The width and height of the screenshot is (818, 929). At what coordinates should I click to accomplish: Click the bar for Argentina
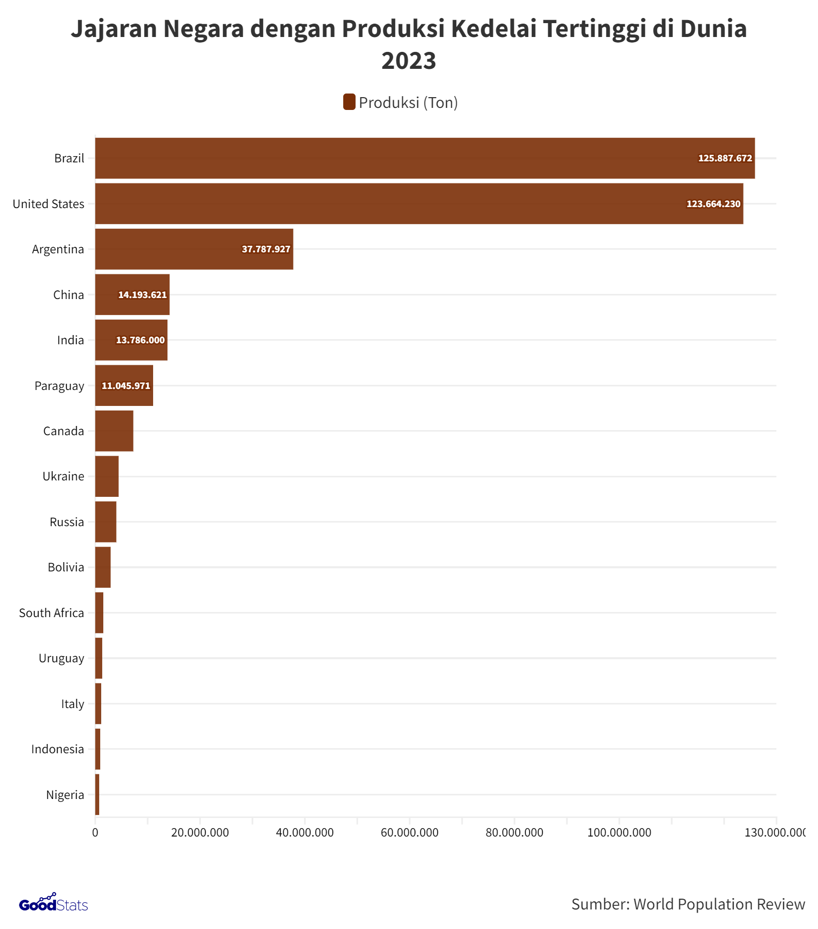coord(194,249)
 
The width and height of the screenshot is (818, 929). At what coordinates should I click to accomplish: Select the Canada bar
coord(114,431)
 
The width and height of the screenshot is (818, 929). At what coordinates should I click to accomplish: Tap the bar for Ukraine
coord(107,476)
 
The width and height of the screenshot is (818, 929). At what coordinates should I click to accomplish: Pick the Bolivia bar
coord(103,567)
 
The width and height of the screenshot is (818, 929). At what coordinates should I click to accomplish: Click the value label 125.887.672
coord(724,158)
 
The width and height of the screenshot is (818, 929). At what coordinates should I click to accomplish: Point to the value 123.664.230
coord(713,204)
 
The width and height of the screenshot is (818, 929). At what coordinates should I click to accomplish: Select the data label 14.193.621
coord(142,295)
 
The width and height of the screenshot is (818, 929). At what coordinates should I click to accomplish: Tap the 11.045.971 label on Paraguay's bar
coord(126,386)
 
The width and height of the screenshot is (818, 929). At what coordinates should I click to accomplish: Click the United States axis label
coord(48,204)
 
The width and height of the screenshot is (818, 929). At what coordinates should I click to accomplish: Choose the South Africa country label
coord(51,613)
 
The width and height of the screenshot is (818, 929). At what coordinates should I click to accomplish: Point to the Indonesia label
coord(58,749)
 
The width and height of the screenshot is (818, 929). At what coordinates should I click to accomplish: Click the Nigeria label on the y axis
coord(65,795)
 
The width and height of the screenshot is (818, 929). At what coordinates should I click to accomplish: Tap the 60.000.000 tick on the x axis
coord(410,833)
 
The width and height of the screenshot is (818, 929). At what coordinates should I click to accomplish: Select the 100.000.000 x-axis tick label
coord(619,833)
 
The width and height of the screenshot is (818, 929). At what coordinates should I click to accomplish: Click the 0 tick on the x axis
coord(95,833)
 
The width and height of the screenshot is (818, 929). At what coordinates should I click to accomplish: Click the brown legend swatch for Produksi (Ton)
coord(349,102)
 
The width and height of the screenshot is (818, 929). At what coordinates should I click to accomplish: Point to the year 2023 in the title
coord(408,61)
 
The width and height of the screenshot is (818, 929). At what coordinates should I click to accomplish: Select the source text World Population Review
coord(719,904)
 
